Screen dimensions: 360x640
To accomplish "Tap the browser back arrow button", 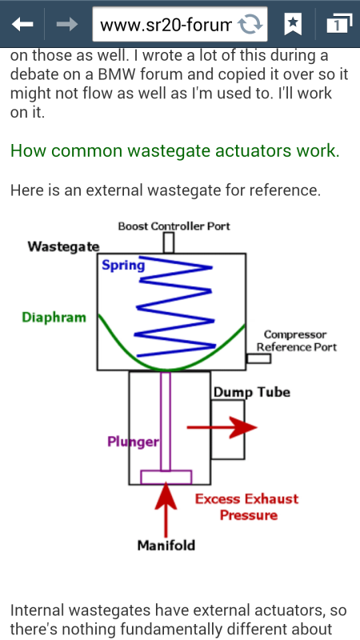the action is click(22, 25).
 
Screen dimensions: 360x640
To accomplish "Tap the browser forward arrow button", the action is click(67, 25).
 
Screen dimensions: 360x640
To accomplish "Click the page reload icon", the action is click(250, 25).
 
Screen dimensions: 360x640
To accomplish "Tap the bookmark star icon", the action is click(292, 25).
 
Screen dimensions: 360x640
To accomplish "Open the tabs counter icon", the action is click(339, 24).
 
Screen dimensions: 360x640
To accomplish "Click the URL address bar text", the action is click(166, 26).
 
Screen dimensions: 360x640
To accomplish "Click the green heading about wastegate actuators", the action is click(174, 151).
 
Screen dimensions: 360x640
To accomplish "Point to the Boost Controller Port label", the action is click(174, 226).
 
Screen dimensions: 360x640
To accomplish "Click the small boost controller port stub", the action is click(169, 243).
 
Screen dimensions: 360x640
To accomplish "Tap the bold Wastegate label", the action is click(63, 246).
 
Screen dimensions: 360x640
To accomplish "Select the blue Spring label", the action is click(123, 266).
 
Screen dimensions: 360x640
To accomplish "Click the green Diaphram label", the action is click(54, 318).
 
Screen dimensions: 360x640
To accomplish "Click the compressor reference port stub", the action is click(258, 358).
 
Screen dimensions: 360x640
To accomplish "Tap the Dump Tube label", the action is click(252, 392).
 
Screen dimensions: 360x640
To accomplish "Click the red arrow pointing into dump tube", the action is click(222, 427).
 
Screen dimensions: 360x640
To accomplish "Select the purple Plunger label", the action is click(133, 442).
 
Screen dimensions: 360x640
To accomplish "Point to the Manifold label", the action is click(166, 546).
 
